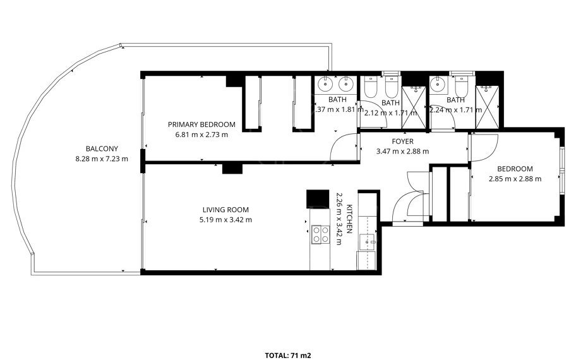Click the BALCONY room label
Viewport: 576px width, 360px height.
coord(102,149)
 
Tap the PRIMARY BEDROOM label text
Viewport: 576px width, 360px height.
coord(201,124)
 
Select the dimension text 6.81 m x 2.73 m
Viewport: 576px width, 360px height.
coord(201,135)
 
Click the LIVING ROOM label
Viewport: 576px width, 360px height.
coord(225,210)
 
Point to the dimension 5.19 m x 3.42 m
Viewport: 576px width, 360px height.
coord(225,220)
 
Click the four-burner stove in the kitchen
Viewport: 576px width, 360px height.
coord(321,234)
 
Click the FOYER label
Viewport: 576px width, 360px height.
coord(402,141)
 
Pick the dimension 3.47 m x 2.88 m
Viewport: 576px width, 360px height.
coord(402,152)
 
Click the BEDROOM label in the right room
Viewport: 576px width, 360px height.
coord(515,169)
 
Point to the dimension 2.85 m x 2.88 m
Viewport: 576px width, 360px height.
coord(515,179)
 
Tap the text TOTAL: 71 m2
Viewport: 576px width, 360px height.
coord(288,355)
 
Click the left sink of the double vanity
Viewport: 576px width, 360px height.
coord(325,84)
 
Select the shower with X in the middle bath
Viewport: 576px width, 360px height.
coord(414,107)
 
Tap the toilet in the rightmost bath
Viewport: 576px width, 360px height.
coord(462,86)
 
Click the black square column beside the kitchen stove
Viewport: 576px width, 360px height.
coord(318,199)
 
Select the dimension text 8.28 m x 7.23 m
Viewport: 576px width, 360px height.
coord(102,159)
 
